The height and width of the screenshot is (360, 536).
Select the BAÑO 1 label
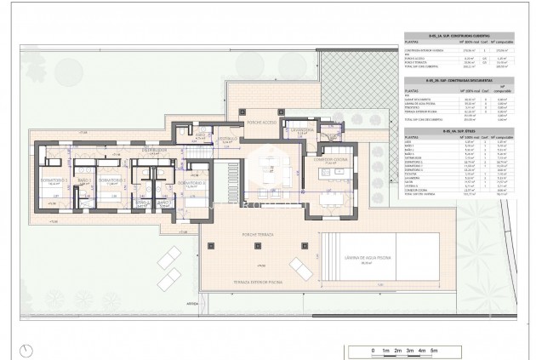click(x=83, y=181)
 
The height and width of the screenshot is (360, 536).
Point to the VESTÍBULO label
click(x=227, y=138)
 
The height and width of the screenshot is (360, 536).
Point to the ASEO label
click(x=201, y=135)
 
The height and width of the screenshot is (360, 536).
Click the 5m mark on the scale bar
click(x=434, y=351)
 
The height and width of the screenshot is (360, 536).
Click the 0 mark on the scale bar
click(x=373, y=351)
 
